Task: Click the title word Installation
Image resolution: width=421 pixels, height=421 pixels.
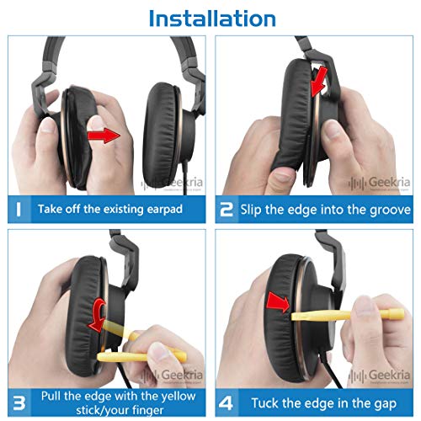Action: (x=210, y=17)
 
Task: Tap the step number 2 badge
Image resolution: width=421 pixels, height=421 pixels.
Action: (x=226, y=209)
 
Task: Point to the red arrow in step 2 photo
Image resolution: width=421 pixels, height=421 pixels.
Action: (x=317, y=83)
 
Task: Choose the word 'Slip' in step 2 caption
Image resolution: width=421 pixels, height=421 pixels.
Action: (x=254, y=209)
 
